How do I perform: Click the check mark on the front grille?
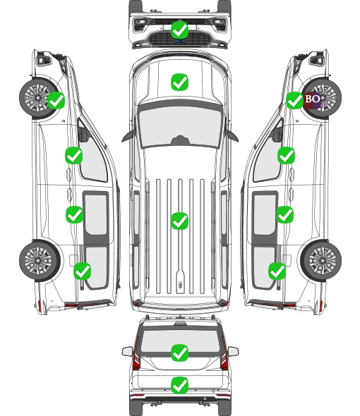tap(180, 30)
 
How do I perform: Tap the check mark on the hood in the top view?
tap(180, 82)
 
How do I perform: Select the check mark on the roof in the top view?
tap(180, 221)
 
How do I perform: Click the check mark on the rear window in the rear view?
tap(180, 353)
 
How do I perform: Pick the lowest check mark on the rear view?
tap(180, 385)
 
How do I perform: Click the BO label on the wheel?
tap(313, 99)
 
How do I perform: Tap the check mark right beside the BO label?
tap(295, 100)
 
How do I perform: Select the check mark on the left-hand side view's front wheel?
tap(56, 100)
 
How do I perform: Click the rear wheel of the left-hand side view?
tap(40, 260)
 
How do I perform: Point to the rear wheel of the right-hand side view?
tap(321, 260)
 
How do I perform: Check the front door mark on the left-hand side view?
tap(74, 155)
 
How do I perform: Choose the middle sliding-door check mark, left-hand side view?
tap(74, 214)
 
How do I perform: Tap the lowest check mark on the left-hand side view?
tap(83, 271)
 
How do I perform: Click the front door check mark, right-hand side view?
tap(286, 155)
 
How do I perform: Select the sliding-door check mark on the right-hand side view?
tap(285, 214)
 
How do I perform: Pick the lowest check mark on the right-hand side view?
tap(277, 271)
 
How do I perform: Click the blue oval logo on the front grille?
tap(180, 41)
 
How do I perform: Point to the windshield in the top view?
tap(180, 127)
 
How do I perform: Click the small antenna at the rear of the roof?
tap(181, 285)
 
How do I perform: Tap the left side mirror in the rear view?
tap(127, 351)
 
